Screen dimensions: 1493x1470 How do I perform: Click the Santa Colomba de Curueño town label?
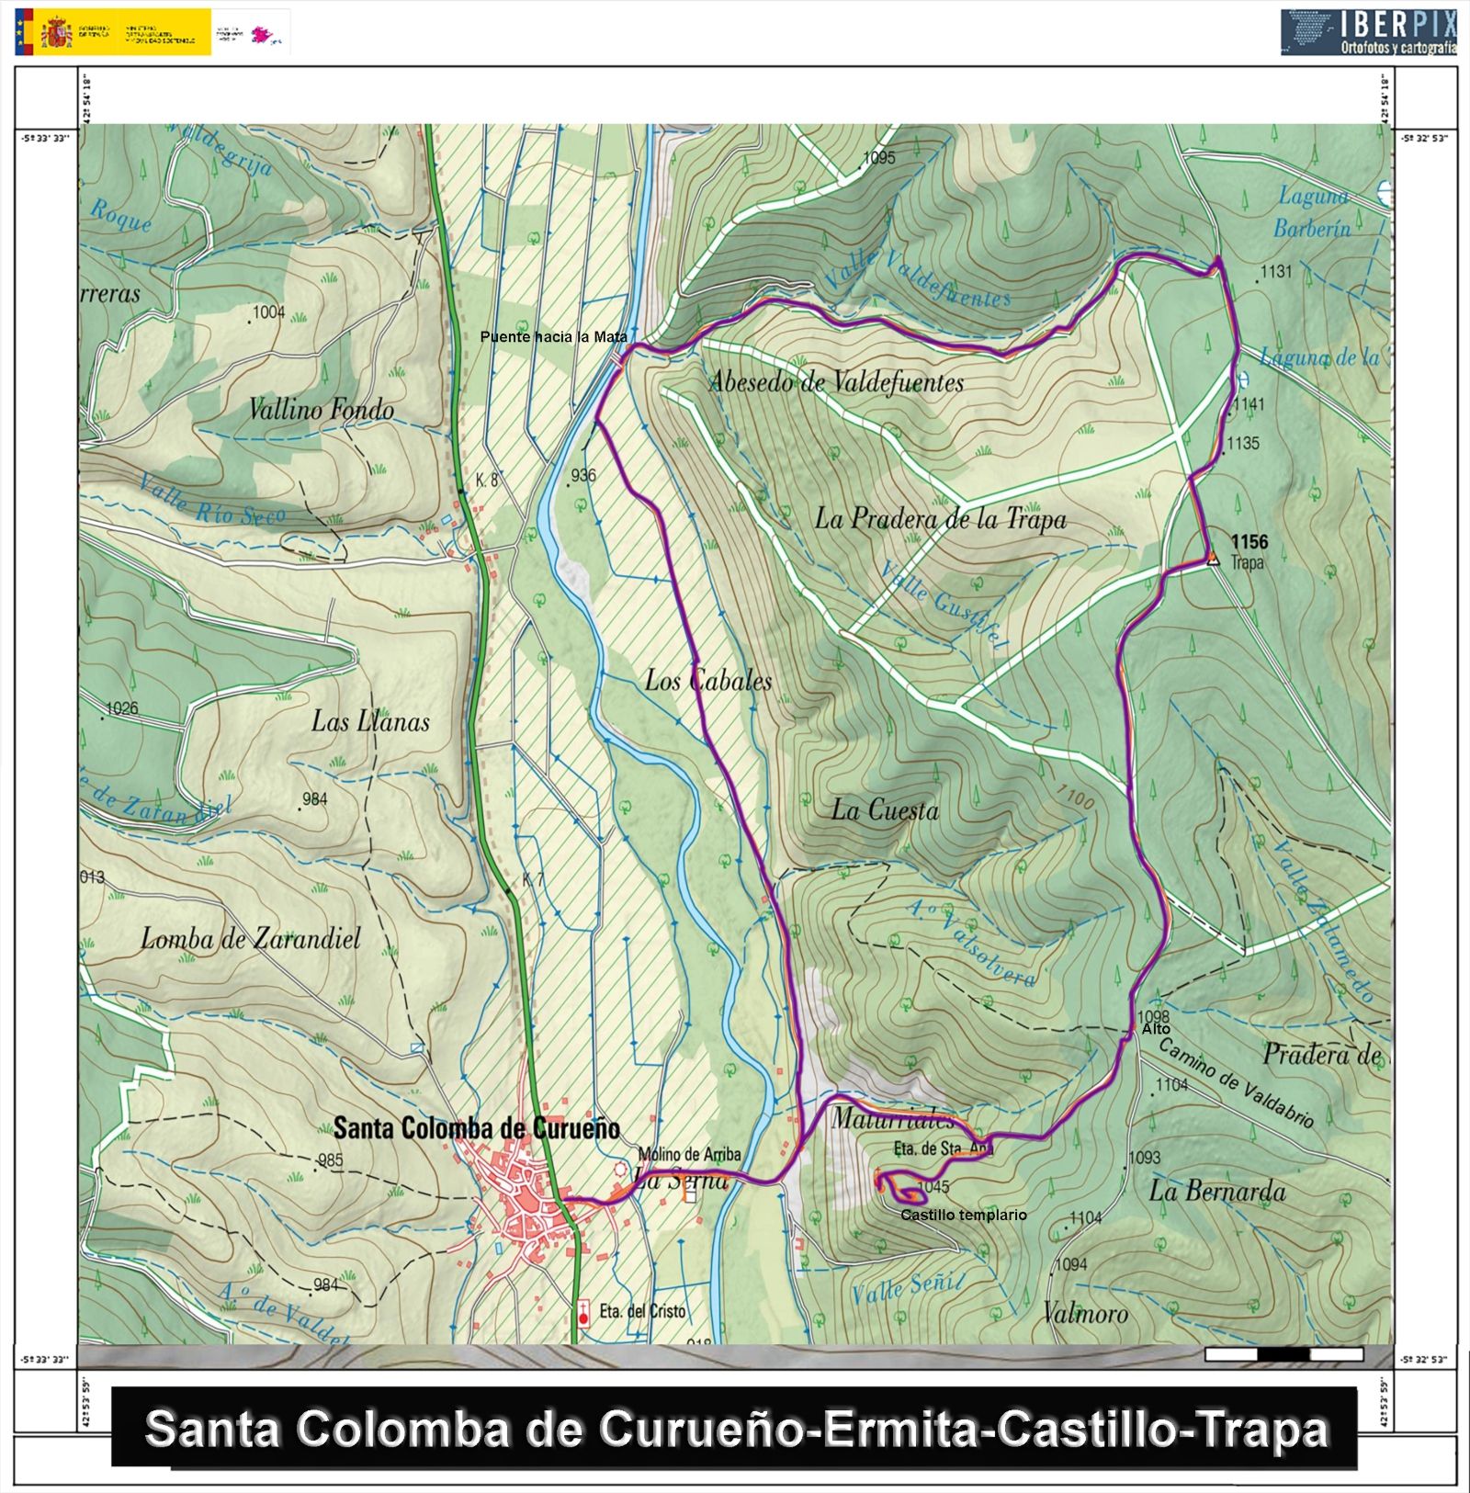point(476,1128)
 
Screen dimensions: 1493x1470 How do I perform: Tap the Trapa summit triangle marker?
point(1213,558)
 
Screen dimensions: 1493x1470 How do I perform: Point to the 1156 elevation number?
point(1249,542)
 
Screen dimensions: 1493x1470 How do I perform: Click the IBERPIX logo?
point(1369,32)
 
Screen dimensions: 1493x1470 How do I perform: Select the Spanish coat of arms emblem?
point(57,32)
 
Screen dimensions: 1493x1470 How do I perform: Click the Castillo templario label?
point(963,1215)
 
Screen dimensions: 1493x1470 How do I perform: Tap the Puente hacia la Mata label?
point(553,337)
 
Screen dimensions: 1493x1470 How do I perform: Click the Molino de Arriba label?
point(689,1154)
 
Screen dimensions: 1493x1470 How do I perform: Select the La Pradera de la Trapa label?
point(940,519)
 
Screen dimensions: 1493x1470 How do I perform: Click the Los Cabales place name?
point(707,681)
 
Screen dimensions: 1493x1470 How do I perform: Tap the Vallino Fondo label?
point(322,410)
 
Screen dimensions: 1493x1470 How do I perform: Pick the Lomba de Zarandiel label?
point(251,939)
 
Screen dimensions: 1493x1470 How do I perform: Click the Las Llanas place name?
point(370,721)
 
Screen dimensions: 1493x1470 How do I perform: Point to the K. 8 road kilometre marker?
point(487,480)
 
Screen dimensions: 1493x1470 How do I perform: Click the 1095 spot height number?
point(878,158)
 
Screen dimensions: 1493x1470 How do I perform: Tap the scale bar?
point(1283,1353)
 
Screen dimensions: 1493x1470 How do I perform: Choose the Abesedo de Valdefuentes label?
point(836,382)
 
